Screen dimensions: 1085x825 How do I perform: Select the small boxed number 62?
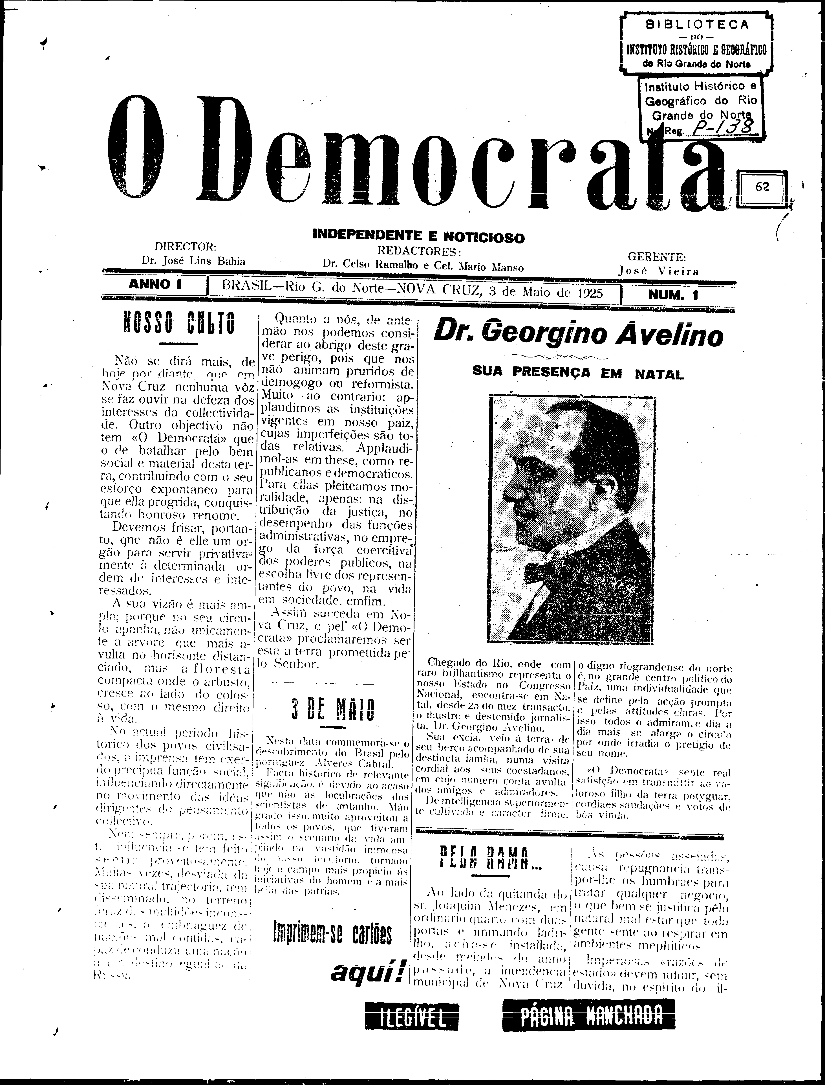pos(763,187)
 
